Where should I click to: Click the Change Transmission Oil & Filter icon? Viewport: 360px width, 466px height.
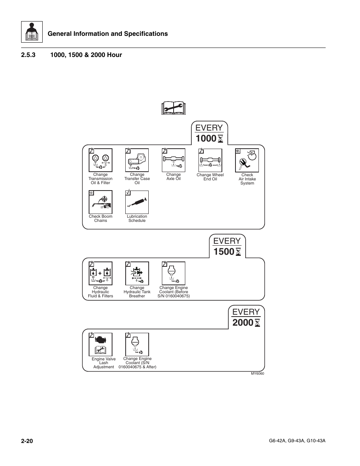tap(100, 160)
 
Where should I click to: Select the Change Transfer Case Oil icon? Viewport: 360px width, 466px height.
tap(137, 160)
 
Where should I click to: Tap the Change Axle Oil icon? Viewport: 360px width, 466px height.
tap(174, 160)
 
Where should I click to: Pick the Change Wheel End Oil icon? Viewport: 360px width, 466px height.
tap(210, 160)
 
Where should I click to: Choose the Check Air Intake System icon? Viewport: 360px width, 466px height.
tap(247, 160)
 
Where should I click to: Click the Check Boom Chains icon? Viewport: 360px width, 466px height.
tap(100, 202)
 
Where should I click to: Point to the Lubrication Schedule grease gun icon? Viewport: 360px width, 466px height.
tap(137, 202)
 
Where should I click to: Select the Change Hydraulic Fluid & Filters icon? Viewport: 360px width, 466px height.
tap(100, 273)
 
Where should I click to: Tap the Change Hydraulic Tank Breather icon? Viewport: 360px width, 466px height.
tap(137, 273)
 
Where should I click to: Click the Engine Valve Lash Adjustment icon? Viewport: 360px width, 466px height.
tap(100, 344)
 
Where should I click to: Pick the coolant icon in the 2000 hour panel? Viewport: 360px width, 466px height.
tap(137, 344)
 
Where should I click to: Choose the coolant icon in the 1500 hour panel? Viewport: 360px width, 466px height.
tap(174, 273)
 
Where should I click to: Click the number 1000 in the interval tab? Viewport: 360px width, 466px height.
tap(206, 139)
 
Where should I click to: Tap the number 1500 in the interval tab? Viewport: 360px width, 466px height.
tap(223, 252)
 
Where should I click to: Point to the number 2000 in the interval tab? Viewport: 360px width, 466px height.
tap(243, 323)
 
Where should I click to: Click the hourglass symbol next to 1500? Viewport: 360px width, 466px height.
tap(238, 252)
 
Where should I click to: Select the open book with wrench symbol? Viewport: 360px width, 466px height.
tap(174, 108)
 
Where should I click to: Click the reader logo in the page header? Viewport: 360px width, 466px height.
tap(32, 32)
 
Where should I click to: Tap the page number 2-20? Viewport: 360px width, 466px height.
tap(28, 441)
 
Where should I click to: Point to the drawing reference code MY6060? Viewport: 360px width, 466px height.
tap(258, 374)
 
